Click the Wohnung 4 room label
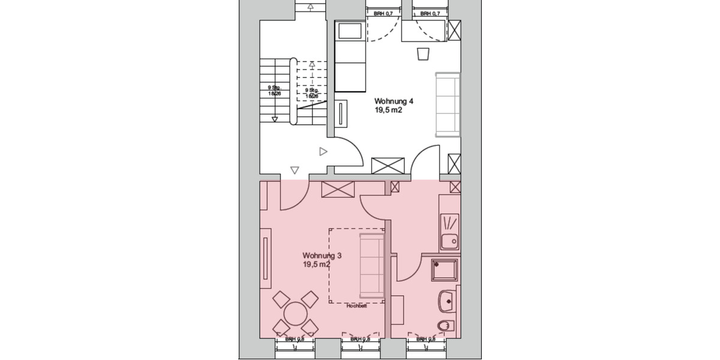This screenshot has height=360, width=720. pyautogui.click(x=394, y=101)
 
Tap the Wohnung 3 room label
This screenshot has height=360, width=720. pyautogui.click(x=322, y=256)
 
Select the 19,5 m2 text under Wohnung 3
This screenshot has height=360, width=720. pyautogui.click(x=317, y=265)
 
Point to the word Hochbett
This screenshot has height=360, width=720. pyautogui.click(x=356, y=306)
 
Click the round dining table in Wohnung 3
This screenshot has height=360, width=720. pyautogui.click(x=295, y=313)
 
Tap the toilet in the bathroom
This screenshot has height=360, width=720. pyautogui.click(x=445, y=326)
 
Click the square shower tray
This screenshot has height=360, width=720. pyautogui.click(x=445, y=271)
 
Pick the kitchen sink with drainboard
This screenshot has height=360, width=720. pyautogui.click(x=449, y=232)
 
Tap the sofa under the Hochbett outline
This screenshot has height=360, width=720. pyautogui.click(x=371, y=266)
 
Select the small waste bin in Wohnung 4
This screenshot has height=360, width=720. pyautogui.click(x=422, y=54)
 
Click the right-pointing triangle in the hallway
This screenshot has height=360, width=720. pyautogui.click(x=323, y=152)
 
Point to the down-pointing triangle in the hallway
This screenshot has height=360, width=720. pyautogui.click(x=295, y=170)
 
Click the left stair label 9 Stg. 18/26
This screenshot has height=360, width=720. pyautogui.click(x=274, y=91)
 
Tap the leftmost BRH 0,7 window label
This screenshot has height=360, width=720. pyautogui.click(x=383, y=13)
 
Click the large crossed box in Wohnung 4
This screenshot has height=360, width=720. pyautogui.click(x=388, y=166)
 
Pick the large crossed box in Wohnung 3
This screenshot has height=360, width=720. pyautogui.click(x=339, y=190)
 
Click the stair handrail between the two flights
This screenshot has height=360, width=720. pyautogui.click(x=293, y=91)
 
